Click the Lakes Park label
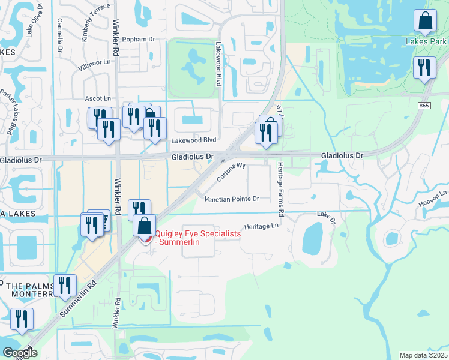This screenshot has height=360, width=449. pyautogui.click(x=425, y=42)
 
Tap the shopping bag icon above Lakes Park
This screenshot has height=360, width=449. pyautogui.click(x=425, y=21)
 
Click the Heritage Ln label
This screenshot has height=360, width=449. pyautogui.click(x=267, y=226)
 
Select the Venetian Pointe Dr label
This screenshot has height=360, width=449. pyautogui.click(x=231, y=199)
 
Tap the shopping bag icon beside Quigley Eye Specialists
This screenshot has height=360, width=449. pyautogui.click(x=144, y=227)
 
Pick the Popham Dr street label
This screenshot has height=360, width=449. pyautogui.click(x=138, y=39)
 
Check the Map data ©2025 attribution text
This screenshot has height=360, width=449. pyautogui.click(x=423, y=355)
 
